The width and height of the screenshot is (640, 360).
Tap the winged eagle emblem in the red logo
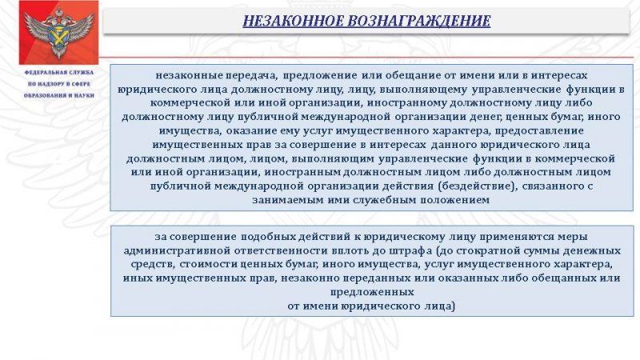[58, 33]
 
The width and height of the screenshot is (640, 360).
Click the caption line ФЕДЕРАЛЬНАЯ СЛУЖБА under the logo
[58, 72]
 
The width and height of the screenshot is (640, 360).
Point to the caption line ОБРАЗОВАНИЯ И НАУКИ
[58, 95]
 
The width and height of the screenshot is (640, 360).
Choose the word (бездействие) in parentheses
[477, 186]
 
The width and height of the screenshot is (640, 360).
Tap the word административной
[172, 250]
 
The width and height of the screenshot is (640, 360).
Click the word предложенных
[372, 292]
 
